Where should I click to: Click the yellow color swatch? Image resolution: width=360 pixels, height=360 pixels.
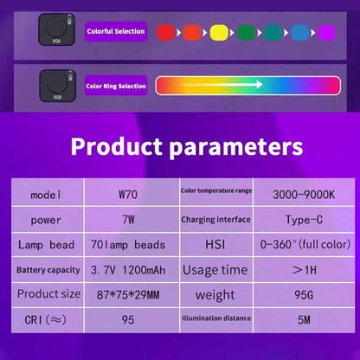point(219,33)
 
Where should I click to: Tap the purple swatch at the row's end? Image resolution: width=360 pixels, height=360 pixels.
point(325,33)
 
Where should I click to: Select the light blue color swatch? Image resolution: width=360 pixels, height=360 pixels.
point(299,33)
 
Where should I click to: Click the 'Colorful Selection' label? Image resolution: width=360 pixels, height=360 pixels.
point(115,32)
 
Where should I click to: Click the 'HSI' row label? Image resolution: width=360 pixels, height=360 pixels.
point(215,245)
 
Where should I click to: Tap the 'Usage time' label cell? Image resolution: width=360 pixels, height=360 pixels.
point(215,270)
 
